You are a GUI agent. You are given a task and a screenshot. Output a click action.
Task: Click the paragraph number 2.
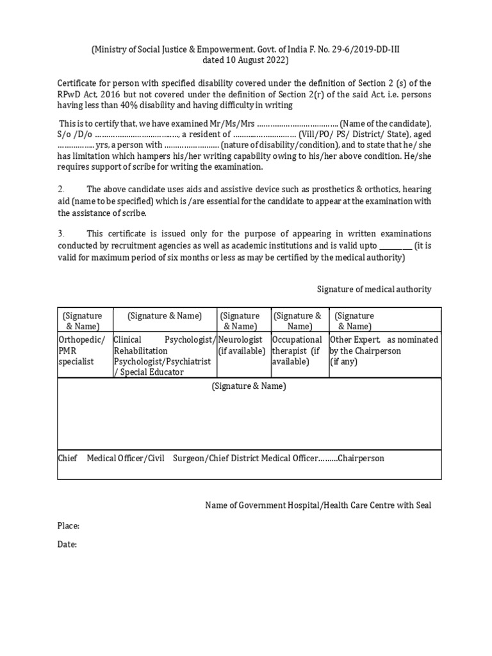click(x=61, y=190)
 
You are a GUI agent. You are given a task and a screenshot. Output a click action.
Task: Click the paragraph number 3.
click(x=61, y=234)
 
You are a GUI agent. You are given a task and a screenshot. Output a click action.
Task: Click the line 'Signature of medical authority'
click(x=374, y=290)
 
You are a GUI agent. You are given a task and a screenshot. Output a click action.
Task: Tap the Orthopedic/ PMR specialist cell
click(x=81, y=350)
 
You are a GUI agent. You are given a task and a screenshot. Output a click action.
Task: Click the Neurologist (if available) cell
click(x=243, y=345)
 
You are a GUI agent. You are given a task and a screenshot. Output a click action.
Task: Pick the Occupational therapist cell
click(x=297, y=350)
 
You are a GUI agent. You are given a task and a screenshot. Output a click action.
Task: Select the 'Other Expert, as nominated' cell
click(x=384, y=345)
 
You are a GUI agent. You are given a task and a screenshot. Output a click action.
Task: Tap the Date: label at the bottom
click(x=67, y=545)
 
